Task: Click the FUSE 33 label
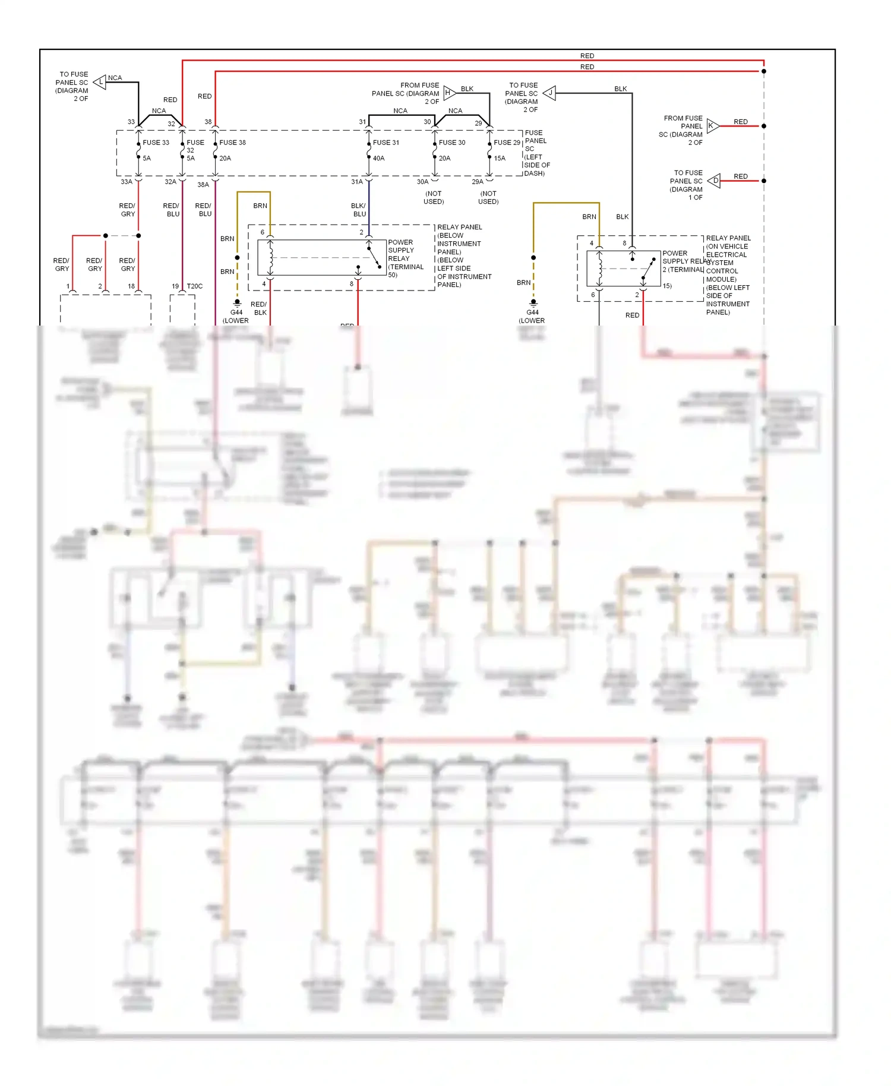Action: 156,143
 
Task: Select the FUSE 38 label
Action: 232,143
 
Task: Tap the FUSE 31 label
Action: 386,143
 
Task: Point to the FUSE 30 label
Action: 452,143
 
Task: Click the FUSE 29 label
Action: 507,143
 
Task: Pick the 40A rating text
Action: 378,158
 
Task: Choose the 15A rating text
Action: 500,158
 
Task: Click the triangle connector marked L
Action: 100,82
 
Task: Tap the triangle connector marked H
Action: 449,93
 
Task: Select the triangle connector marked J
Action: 549,93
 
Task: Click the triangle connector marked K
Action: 712,126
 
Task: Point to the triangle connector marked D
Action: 715,181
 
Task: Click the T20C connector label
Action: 195,286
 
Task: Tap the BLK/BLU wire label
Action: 359,210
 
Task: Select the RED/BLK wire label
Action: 259,308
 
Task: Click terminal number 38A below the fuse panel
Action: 203,185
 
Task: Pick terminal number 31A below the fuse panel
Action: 356,182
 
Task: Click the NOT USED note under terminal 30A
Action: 434,198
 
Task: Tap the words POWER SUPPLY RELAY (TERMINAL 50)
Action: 405,258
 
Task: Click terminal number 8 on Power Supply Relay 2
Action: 624,243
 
